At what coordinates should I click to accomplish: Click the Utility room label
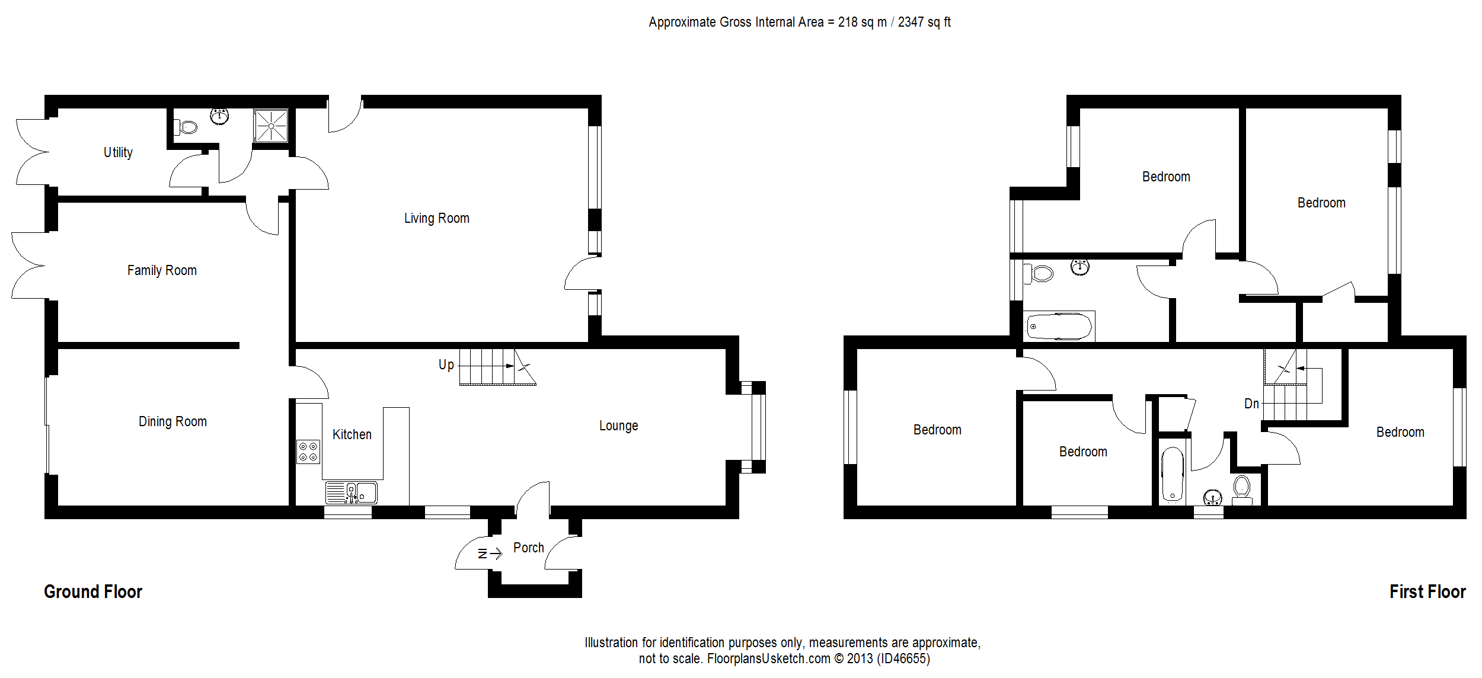pyautogui.click(x=118, y=152)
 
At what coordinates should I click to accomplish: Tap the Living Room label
pyautogui.click(x=437, y=218)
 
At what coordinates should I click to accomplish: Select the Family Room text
pyautogui.click(x=162, y=270)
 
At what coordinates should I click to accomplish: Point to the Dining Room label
pyautogui.click(x=173, y=421)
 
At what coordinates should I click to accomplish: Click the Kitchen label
pyautogui.click(x=352, y=434)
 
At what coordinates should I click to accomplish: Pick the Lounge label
pyautogui.click(x=619, y=426)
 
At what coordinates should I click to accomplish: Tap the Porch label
pyautogui.click(x=529, y=548)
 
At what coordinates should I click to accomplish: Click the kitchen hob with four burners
pyautogui.click(x=308, y=452)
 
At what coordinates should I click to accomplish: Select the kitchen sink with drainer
pyautogui.click(x=352, y=492)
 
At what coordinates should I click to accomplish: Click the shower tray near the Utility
pyautogui.click(x=271, y=126)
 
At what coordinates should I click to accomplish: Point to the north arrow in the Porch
pyautogui.click(x=490, y=554)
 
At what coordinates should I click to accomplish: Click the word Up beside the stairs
pyautogui.click(x=446, y=364)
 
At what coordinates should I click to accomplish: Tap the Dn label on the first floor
pyautogui.click(x=1251, y=404)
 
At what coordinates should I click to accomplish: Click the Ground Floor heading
pyautogui.click(x=93, y=591)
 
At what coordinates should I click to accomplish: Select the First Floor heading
pyautogui.click(x=1427, y=591)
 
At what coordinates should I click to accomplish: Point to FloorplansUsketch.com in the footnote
pyautogui.click(x=769, y=658)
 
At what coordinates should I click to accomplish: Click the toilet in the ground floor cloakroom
pyautogui.click(x=186, y=127)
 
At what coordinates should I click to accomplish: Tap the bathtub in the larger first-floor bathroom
pyautogui.click(x=1059, y=327)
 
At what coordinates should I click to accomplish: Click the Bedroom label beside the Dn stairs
pyautogui.click(x=1400, y=432)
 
